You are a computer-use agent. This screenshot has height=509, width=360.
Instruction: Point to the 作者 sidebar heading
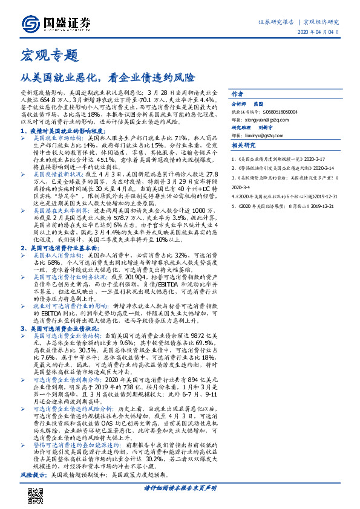point(238,94)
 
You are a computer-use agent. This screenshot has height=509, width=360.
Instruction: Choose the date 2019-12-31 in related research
point(329,196)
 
